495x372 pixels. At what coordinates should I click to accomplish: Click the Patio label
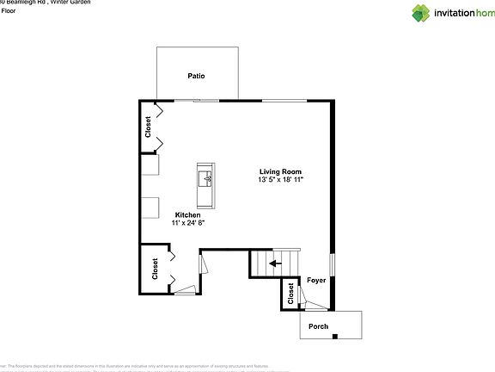[x=197, y=76]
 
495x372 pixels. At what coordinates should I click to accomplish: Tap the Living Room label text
[x=280, y=171]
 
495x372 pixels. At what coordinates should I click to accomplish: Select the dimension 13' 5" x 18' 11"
[x=280, y=180]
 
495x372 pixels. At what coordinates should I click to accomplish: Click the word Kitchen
[x=188, y=214]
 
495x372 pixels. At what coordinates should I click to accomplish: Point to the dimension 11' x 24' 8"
[x=188, y=223]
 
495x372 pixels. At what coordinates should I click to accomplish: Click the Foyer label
[x=316, y=280]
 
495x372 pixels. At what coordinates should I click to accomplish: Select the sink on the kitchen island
[x=205, y=178]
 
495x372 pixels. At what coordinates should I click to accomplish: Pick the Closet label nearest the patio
[x=148, y=127]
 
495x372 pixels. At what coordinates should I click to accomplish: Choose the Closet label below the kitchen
[x=156, y=269]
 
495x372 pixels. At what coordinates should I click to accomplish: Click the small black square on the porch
[x=335, y=336]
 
